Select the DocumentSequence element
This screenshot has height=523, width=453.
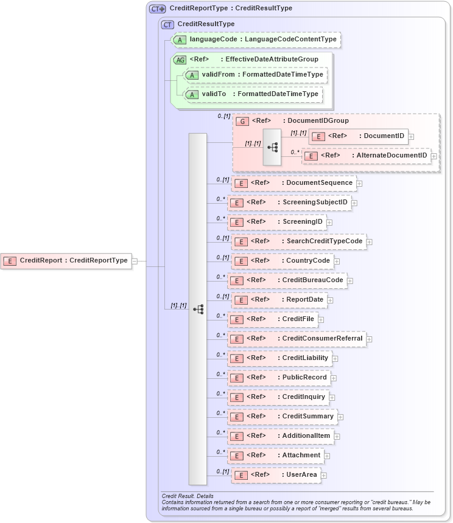(x=294, y=183)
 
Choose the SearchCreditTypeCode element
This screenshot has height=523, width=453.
(x=299, y=241)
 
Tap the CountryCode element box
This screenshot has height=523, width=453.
(x=283, y=261)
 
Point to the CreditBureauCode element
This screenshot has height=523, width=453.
(x=287, y=280)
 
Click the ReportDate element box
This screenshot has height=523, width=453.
(x=279, y=300)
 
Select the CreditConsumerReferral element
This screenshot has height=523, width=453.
(x=297, y=339)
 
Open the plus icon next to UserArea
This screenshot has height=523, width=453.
(x=324, y=476)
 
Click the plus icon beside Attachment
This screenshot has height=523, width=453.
(x=327, y=455)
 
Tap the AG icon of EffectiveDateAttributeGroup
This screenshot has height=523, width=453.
(x=180, y=60)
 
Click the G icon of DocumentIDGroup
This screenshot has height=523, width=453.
(x=242, y=121)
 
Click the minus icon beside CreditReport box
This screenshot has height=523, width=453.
(x=135, y=261)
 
